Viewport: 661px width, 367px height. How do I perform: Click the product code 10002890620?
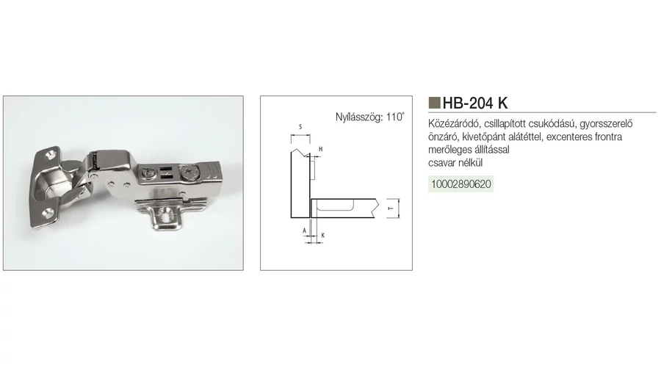coord(460,184)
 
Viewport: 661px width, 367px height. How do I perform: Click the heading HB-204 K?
coord(475,103)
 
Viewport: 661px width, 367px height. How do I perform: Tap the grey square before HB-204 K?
coord(434,102)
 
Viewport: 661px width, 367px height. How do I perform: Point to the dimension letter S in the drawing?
coord(300,127)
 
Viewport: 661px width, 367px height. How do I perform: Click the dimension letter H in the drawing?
coord(320,149)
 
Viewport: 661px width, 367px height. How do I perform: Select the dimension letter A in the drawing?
coord(304,231)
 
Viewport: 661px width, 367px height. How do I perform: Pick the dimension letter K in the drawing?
coord(323,235)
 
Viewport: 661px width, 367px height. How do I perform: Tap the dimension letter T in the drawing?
coord(391,208)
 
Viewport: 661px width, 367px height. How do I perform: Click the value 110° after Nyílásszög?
coord(395,117)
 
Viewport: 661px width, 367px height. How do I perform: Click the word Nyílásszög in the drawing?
coord(358,117)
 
